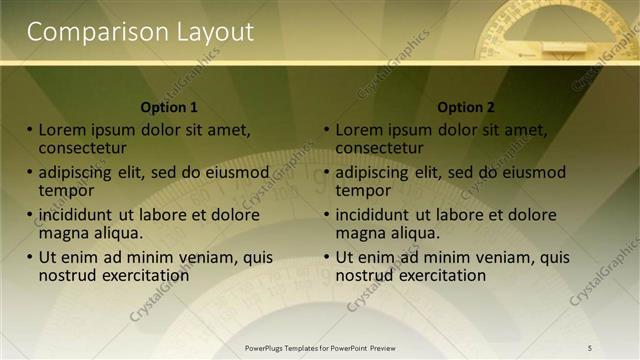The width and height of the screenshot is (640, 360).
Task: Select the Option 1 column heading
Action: [x=170, y=107]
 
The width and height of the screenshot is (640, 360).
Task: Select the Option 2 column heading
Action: [x=466, y=107]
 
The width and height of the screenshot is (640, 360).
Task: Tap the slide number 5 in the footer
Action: [x=590, y=347]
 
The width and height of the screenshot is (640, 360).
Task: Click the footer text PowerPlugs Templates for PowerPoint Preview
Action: [x=320, y=347]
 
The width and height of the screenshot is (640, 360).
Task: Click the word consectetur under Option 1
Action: [x=83, y=148]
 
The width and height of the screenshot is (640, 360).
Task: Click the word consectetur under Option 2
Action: [x=380, y=148]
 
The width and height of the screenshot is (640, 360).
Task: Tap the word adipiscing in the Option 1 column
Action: [x=77, y=172]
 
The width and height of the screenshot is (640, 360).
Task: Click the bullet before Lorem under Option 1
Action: [x=30, y=130]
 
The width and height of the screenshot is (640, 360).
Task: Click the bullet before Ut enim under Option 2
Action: [x=327, y=257]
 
